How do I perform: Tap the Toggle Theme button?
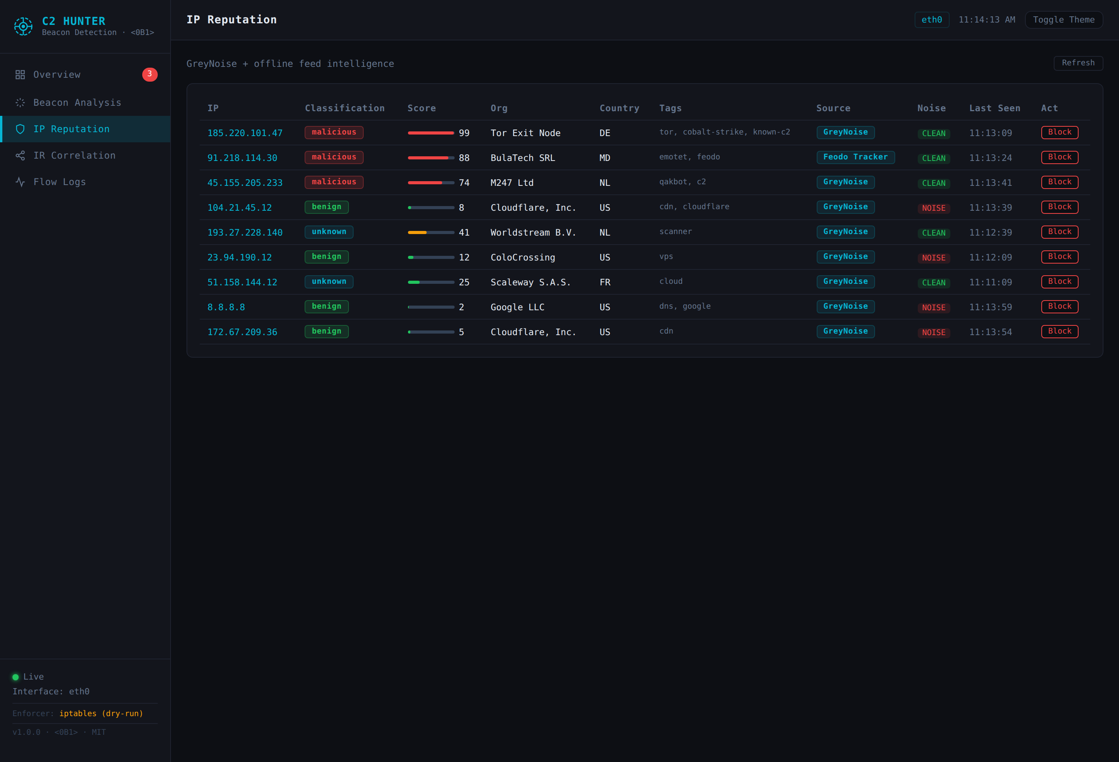tap(1063, 20)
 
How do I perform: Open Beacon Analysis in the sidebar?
tap(77, 103)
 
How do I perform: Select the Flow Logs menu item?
tap(59, 182)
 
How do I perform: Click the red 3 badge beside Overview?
tap(150, 74)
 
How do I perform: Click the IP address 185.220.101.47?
tap(245, 133)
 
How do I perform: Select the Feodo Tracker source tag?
tap(855, 157)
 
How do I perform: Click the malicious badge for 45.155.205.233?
tap(334, 182)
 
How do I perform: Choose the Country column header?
tap(619, 108)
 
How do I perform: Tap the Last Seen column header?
tap(994, 108)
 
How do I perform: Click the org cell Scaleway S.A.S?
tap(530, 282)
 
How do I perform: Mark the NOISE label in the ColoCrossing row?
tap(933, 258)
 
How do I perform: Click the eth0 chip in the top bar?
tap(931, 20)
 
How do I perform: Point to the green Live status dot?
tap(16, 677)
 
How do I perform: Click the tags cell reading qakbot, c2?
tap(682, 182)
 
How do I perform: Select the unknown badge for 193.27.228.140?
tap(329, 232)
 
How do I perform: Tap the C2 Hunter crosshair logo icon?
tap(23, 26)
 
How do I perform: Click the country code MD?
tap(605, 158)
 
